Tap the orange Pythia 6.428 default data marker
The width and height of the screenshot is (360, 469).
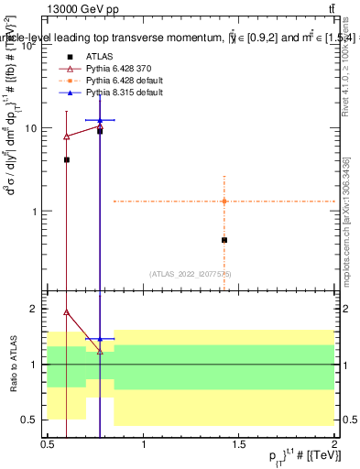(x=224, y=201)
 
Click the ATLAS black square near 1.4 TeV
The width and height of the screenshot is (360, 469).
(x=224, y=240)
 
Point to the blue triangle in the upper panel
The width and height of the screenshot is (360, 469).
(x=100, y=120)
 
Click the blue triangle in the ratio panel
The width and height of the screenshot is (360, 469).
(x=100, y=339)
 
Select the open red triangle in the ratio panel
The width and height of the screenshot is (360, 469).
(x=67, y=311)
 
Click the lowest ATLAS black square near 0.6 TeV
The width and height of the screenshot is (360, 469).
(x=67, y=159)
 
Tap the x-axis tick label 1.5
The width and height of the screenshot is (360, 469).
(x=239, y=444)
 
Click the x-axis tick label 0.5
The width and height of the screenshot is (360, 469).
(x=48, y=444)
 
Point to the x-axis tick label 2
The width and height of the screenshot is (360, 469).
(x=334, y=444)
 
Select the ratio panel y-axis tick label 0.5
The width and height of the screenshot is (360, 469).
(x=31, y=420)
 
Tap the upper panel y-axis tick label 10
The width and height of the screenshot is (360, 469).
(x=29, y=128)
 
